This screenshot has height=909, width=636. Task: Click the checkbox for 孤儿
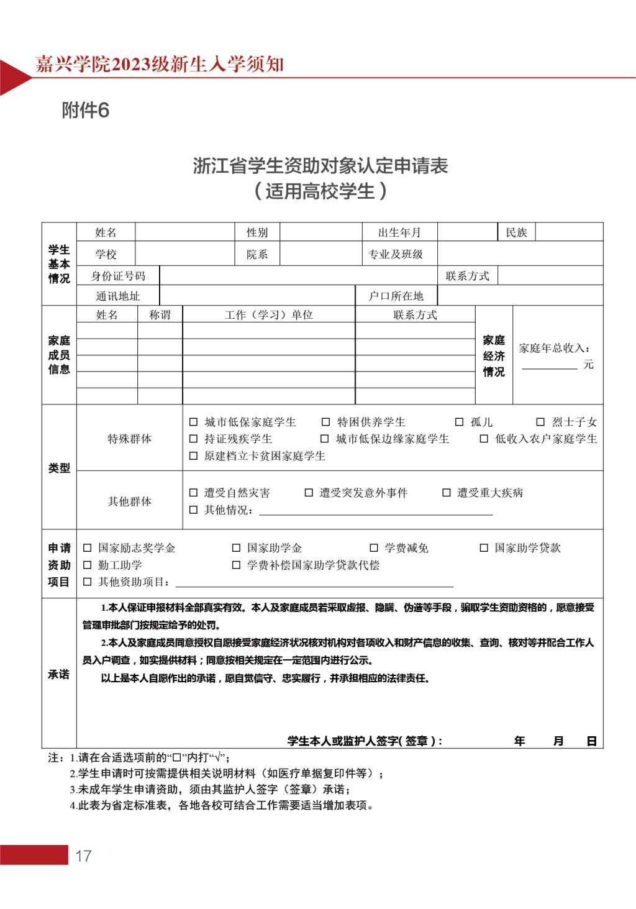point(459,422)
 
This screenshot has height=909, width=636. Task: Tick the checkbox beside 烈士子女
point(540,422)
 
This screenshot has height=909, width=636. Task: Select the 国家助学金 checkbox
point(236,548)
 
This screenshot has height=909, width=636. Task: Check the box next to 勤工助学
point(87,565)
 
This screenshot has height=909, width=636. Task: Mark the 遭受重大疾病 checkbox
point(446,493)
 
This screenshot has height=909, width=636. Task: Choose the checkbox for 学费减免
point(374,548)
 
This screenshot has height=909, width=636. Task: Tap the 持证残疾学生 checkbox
point(193,439)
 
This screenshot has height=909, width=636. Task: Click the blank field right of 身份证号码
point(298,276)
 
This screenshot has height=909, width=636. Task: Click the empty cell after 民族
point(568,232)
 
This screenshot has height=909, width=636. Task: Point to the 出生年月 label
point(399,232)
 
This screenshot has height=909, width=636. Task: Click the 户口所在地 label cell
point(396,296)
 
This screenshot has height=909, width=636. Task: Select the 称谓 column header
point(160,315)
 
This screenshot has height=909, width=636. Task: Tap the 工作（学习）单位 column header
point(268,315)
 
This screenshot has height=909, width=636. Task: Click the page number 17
point(83,856)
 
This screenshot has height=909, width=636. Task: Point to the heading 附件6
point(86,111)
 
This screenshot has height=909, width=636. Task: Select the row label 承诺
point(59,674)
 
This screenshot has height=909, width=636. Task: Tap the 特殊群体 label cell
point(129,439)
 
